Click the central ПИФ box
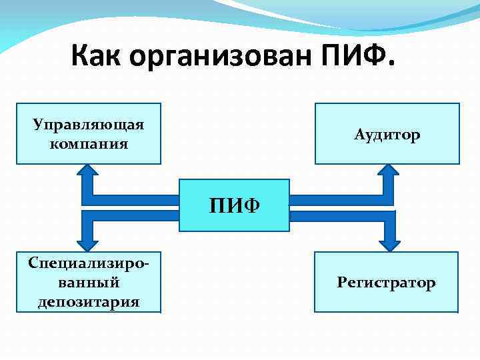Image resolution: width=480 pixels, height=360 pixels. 233,205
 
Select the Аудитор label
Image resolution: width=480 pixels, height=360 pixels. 387,135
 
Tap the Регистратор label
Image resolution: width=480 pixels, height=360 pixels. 386,283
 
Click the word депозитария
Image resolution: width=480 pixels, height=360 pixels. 89,301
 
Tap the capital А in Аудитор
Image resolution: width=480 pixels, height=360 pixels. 359,135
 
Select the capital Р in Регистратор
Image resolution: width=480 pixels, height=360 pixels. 341,283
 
